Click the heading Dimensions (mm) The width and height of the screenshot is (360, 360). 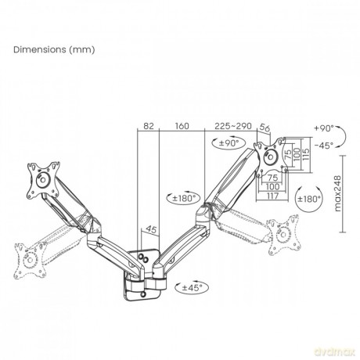[54, 49]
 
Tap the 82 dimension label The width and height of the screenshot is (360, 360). [149, 126]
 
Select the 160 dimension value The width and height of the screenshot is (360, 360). [182, 126]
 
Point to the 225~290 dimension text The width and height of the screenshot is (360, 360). [233, 126]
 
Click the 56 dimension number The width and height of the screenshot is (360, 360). [265, 128]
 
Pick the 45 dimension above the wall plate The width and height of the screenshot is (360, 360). [151, 229]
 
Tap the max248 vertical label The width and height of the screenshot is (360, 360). [337, 193]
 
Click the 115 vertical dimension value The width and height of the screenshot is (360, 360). [306, 154]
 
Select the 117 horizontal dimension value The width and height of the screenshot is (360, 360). [272, 196]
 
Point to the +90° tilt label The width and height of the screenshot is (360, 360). [324, 128]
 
